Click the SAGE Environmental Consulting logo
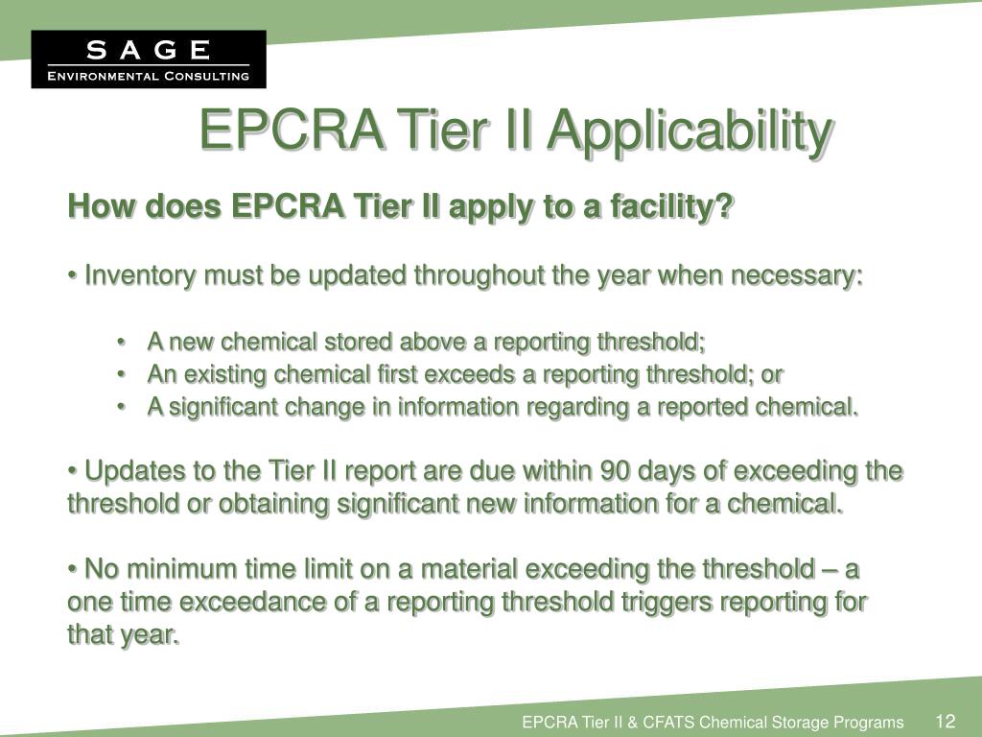pyautogui.click(x=149, y=59)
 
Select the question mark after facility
pyautogui.click(x=725, y=205)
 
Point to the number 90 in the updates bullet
pyautogui.click(x=618, y=471)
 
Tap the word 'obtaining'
pyautogui.click(x=272, y=504)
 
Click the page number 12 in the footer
pyautogui.click(x=946, y=722)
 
